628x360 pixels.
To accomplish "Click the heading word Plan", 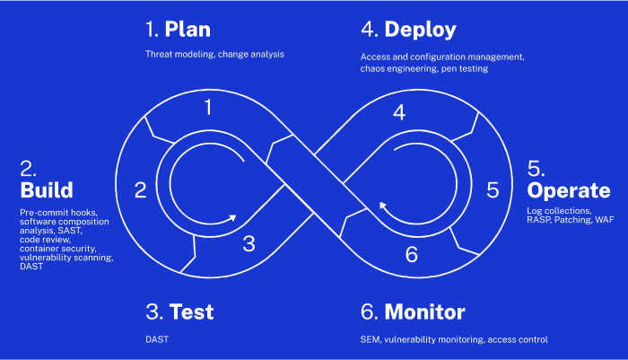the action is [x=188, y=30].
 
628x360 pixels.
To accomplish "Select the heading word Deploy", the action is [x=420, y=30].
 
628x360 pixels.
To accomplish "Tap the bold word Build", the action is [x=47, y=190].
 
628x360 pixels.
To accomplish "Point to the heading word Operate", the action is [x=568, y=191].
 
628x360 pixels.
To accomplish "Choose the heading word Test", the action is [x=191, y=312].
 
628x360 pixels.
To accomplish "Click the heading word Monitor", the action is [x=424, y=312].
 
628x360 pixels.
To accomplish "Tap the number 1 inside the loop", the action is [x=208, y=107].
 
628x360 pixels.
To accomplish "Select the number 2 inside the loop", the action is [x=141, y=190].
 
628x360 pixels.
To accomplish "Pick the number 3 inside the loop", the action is [x=249, y=244].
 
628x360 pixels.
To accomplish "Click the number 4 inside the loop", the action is [x=399, y=112].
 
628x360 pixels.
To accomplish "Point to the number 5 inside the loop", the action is [x=493, y=190].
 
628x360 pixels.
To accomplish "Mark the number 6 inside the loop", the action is [x=412, y=255].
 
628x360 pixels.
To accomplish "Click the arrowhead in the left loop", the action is [x=231, y=218].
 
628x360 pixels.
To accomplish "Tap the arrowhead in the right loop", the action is [x=383, y=206].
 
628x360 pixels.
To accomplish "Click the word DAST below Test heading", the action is [x=157, y=339].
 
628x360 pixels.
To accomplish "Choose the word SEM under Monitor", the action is [x=371, y=339].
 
